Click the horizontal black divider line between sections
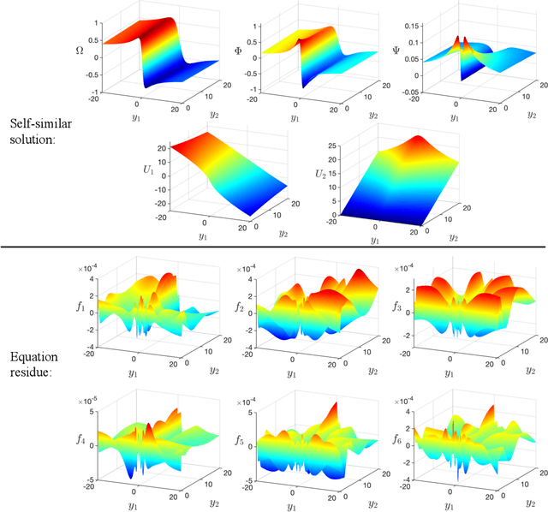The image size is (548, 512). pyautogui.click(x=274, y=247)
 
